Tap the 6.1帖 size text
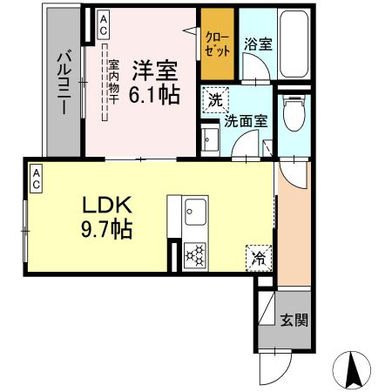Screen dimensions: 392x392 (156, 93)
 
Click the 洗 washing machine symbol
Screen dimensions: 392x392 (214, 99)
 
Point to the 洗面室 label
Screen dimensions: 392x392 (246, 122)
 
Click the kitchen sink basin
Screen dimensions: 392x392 (194, 211)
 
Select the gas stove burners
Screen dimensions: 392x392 (193, 254)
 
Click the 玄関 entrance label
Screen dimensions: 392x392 (293, 320)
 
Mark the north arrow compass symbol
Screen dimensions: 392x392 (353, 369)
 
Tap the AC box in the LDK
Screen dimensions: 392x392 (37, 179)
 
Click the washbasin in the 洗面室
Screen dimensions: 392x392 (210, 139)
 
